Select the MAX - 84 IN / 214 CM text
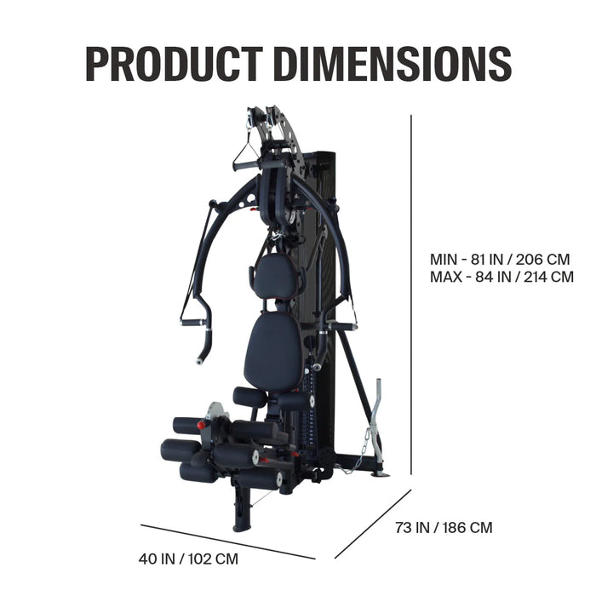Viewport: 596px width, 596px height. (x=501, y=277)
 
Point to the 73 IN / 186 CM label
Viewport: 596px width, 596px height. (x=443, y=528)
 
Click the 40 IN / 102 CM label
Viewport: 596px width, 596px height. (x=188, y=559)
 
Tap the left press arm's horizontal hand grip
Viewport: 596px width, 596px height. (x=192, y=322)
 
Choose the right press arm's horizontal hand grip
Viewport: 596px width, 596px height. (x=341, y=324)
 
